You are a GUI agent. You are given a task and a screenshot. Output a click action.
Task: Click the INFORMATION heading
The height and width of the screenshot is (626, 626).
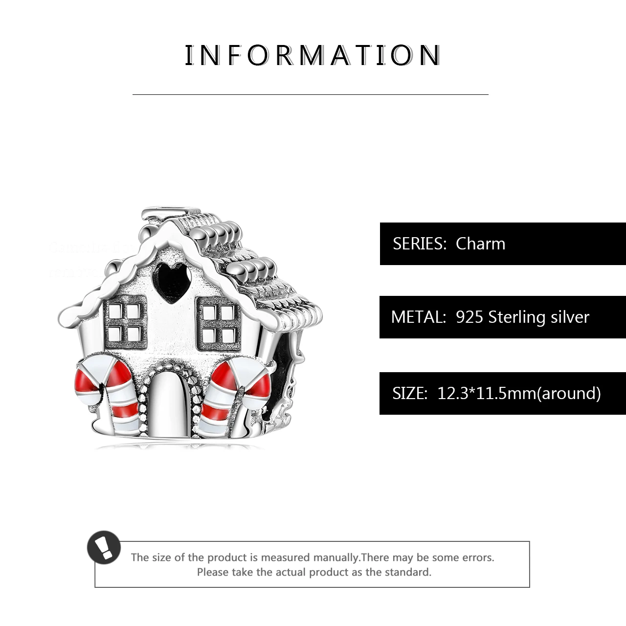tap(313, 55)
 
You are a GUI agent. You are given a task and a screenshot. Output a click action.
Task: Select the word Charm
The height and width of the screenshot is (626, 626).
tap(480, 244)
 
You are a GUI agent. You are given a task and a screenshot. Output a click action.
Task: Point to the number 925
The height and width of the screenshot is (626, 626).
tap(469, 317)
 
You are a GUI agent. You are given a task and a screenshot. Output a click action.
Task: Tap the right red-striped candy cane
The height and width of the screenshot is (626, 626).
tap(230, 389)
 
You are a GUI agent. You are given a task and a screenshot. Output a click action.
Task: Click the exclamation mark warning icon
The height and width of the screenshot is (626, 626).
tap(104, 547)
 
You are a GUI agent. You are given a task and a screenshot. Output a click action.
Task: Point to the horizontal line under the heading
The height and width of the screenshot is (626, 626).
tap(311, 94)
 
